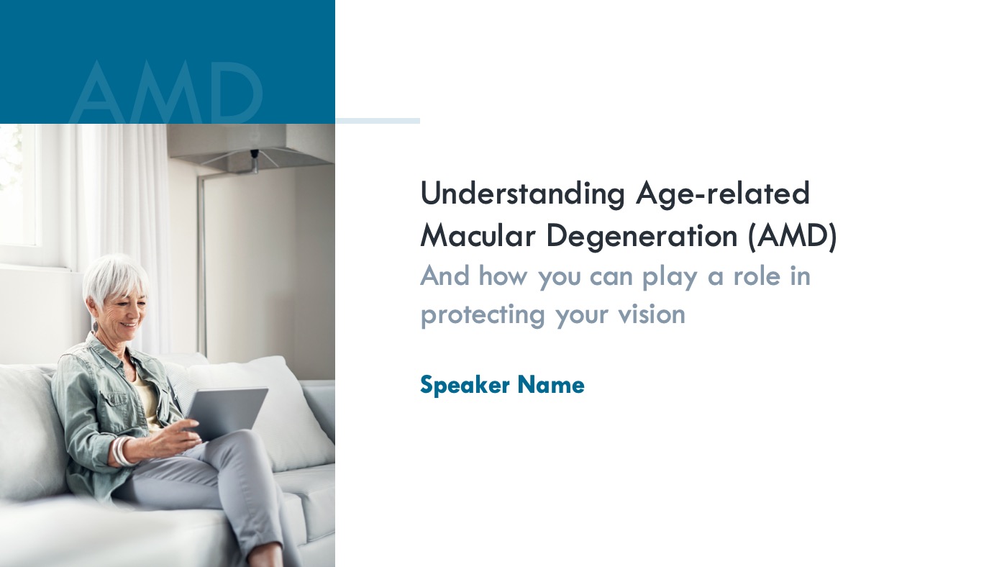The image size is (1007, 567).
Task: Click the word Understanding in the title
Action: (x=522, y=194)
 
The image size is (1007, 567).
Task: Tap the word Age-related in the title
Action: (x=723, y=194)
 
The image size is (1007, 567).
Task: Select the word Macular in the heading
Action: (x=478, y=235)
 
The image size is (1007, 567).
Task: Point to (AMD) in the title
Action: (x=793, y=236)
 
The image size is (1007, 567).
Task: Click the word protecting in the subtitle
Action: (x=483, y=314)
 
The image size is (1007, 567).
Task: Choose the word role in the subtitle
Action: (x=757, y=275)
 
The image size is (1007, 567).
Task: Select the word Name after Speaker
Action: (x=551, y=385)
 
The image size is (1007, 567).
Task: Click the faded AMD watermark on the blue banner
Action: (x=166, y=92)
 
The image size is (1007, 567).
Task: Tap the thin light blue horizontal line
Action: (x=378, y=121)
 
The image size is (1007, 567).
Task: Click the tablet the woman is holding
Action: (x=227, y=414)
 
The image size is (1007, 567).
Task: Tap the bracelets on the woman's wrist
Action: (x=122, y=451)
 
